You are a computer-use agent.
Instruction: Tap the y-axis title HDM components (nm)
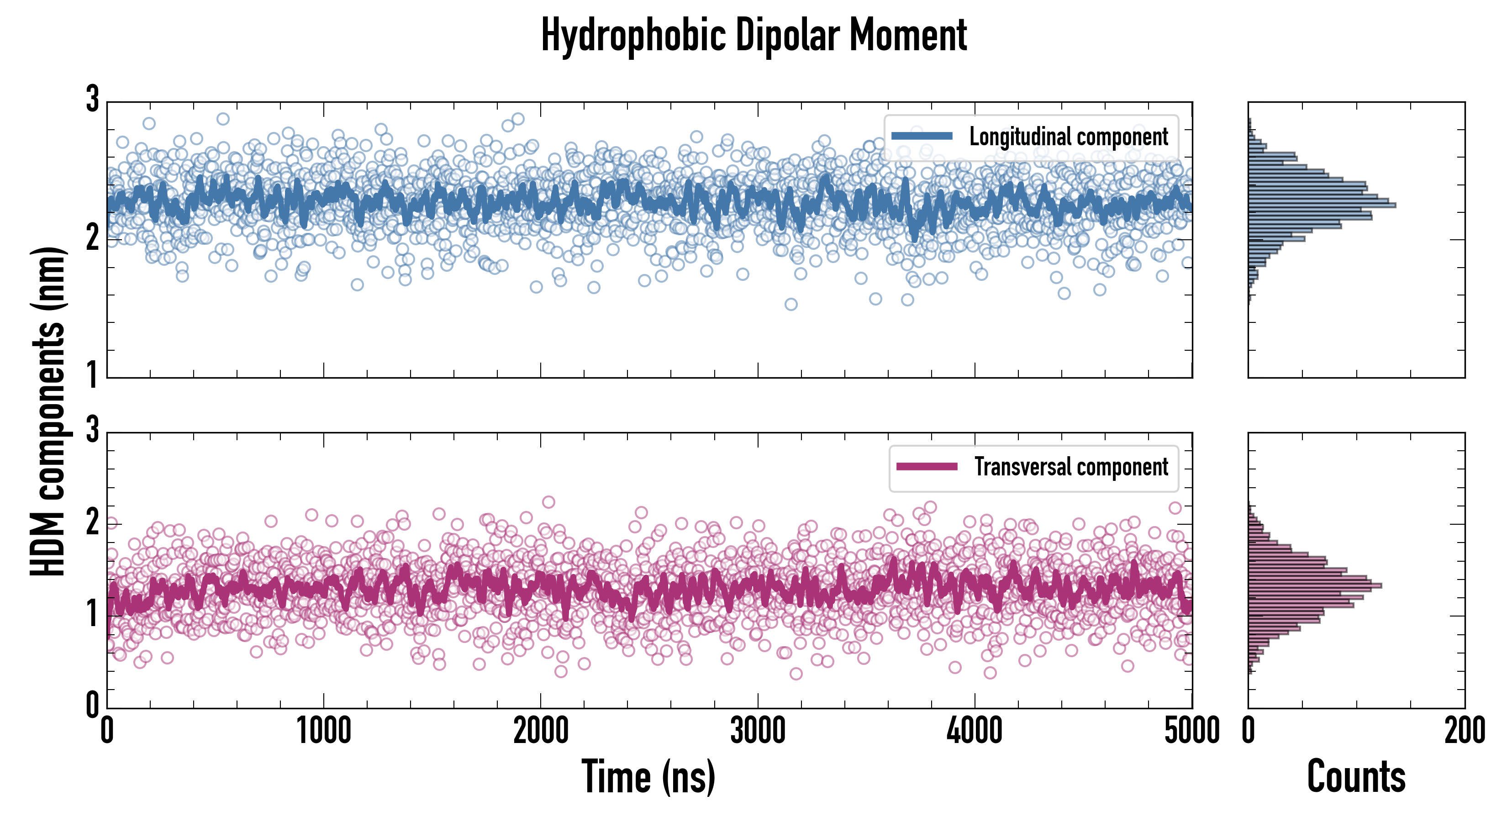[x=48, y=412]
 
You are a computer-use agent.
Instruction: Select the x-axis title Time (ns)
[x=648, y=777]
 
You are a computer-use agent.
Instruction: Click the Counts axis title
[x=1356, y=777]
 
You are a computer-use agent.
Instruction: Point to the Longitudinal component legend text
[x=1068, y=137]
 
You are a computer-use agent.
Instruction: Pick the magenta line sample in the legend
[x=927, y=467]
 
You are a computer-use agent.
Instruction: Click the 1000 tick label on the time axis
[x=323, y=731]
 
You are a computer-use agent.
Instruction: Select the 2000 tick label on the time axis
[x=541, y=731]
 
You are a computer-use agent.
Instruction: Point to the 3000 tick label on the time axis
[x=758, y=731]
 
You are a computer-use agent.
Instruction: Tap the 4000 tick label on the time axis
[x=975, y=731]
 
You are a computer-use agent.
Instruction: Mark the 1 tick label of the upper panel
[x=92, y=375]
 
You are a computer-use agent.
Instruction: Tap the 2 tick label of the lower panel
[x=92, y=522]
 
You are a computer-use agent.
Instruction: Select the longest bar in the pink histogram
[x=1315, y=585]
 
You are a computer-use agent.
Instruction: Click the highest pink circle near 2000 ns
[x=548, y=502]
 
